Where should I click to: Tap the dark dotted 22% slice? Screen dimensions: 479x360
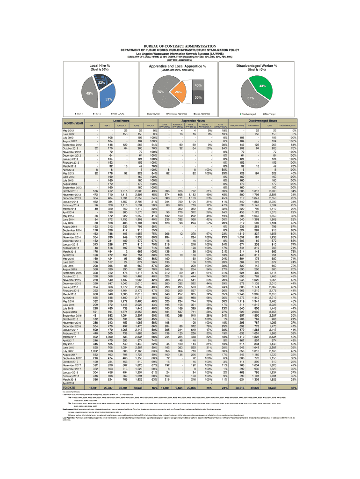coord(100,83)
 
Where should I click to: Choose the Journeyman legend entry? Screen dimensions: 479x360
coord(154,114)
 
